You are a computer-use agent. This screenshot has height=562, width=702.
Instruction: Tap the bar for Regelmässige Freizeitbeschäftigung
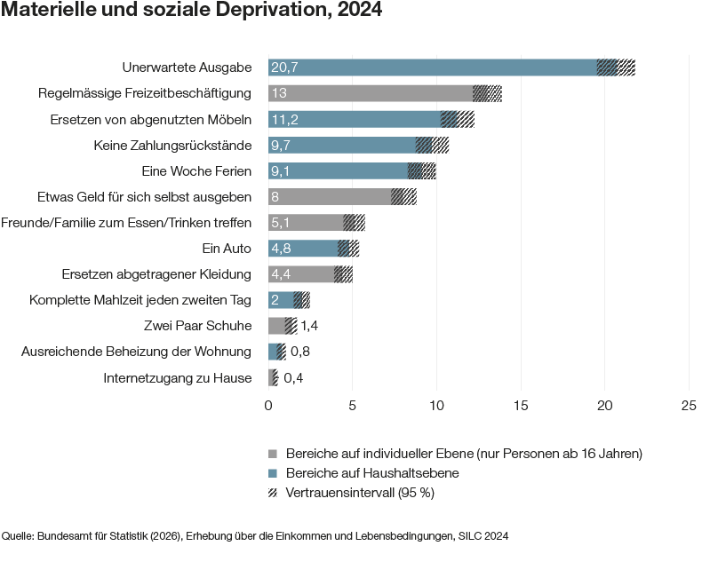point(373,93)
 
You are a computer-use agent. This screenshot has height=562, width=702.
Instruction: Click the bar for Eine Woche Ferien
point(338,171)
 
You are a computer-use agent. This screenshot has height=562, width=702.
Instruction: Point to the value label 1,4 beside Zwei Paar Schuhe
point(309,326)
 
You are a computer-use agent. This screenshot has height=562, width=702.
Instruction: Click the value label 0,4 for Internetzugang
point(292,378)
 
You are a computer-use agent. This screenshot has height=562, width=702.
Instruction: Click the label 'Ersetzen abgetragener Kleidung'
point(156,274)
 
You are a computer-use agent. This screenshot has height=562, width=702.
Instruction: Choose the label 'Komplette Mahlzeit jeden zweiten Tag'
point(140,300)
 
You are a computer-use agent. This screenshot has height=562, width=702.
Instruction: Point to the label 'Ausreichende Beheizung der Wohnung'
point(136,352)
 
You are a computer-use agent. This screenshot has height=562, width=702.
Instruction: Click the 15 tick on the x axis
point(521,406)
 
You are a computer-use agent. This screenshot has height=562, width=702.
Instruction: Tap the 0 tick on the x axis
point(268,406)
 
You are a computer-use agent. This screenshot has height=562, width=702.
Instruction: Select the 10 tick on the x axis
point(436,406)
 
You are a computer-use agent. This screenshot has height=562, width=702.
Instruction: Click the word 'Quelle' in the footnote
point(17,537)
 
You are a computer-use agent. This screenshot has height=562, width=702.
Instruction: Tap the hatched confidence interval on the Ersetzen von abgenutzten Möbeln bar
point(465,119)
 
